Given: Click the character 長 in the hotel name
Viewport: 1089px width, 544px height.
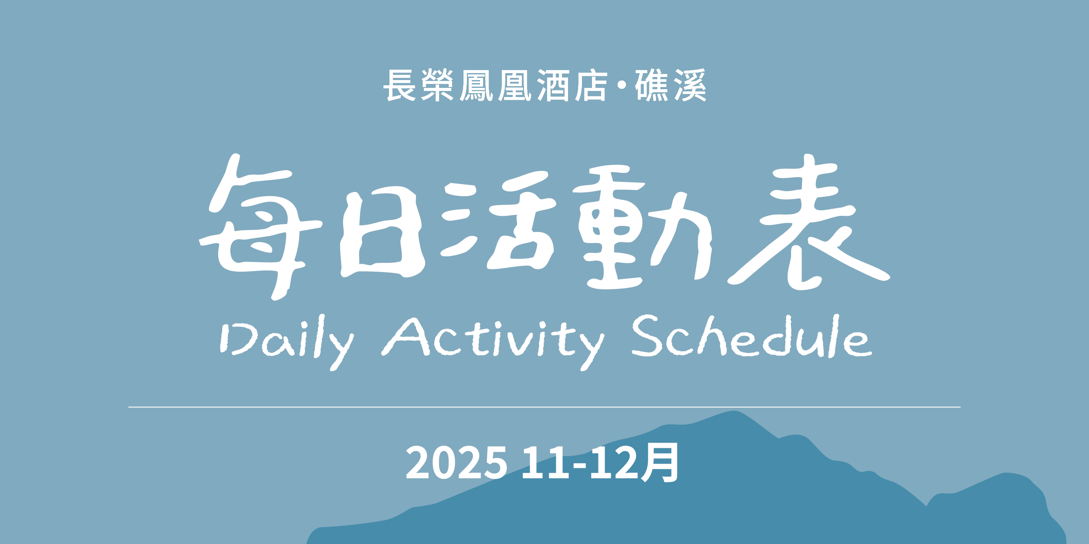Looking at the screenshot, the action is [x=399, y=85].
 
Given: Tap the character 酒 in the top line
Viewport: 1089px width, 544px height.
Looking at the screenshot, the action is [x=553, y=85].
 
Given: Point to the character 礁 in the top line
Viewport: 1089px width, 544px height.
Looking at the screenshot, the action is [x=652, y=85].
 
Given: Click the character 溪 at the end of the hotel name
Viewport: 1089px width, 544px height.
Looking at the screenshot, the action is [x=690, y=85].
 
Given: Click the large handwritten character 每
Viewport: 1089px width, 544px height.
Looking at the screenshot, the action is [x=260, y=227].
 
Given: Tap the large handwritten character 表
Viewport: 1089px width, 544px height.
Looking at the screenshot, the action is [x=808, y=222].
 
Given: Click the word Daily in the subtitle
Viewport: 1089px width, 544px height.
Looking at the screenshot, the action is [x=287, y=342].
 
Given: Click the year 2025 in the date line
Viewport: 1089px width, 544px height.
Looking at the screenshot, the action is [x=457, y=463].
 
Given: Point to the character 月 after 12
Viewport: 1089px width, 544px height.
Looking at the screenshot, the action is [x=660, y=463].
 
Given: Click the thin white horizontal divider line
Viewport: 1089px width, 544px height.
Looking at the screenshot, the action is [x=544, y=407].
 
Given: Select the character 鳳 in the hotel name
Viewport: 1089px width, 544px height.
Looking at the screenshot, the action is [x=476, y=85].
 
